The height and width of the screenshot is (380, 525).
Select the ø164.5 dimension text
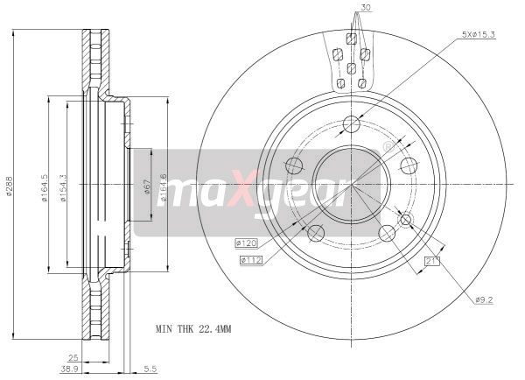coord(45,187)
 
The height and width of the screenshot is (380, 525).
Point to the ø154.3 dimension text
coord(63,187)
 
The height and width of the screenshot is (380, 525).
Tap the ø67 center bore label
coord(147,187)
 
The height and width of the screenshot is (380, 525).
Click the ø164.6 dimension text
coord(163,187)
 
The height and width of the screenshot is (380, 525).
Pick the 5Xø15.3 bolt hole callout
coord(479,34)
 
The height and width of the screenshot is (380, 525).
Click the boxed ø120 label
coord(247,243)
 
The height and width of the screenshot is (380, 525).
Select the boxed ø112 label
coord(251,259)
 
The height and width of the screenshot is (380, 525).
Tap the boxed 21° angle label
coord(432,261)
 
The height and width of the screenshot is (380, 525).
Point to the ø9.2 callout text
coord(484,300)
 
